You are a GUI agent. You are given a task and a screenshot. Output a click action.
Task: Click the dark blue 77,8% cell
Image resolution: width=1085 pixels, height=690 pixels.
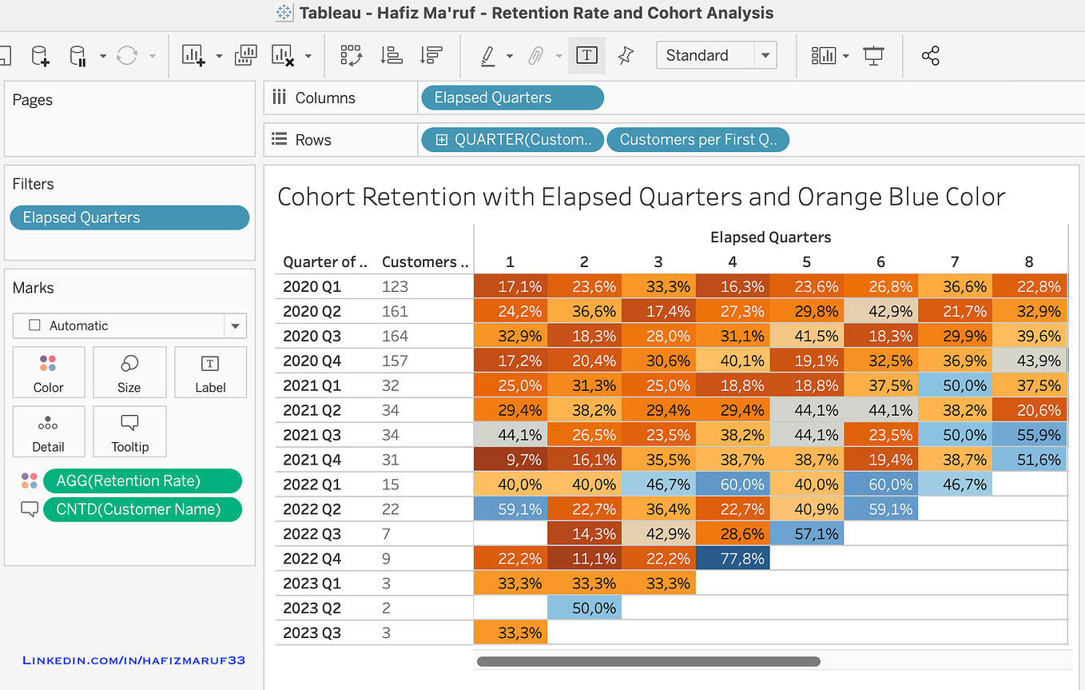[732, 558]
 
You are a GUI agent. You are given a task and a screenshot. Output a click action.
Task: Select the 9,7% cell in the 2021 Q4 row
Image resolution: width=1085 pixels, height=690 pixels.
[510, 459]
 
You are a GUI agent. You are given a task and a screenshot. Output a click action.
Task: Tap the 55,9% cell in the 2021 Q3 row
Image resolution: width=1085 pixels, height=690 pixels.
[1029, 434]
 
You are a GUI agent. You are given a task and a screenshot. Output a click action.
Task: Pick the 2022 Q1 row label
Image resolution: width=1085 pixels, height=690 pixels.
[313, 484]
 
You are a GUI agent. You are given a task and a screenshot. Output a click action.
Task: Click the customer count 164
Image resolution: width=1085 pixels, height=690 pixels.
[395, 336]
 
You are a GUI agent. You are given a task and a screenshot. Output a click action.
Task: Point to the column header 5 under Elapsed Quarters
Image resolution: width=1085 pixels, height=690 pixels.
[806, 261]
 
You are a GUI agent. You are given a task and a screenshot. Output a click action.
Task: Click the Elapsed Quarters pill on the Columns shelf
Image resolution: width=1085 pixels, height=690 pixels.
[511, 98]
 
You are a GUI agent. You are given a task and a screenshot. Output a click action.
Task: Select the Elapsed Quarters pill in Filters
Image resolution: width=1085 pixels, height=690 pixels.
[129, 217]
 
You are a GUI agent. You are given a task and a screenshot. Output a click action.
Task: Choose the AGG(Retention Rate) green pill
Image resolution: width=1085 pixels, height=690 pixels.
[142, 481]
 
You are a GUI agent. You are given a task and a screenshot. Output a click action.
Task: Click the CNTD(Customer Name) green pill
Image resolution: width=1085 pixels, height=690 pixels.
[142, 509]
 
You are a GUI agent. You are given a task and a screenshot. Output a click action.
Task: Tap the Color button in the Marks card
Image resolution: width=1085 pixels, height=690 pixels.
[49, 373]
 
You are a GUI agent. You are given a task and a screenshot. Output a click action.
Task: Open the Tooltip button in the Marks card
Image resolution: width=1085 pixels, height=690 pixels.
[129, 432]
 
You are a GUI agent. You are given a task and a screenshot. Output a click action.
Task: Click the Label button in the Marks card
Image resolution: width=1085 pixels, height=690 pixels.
[210, 373]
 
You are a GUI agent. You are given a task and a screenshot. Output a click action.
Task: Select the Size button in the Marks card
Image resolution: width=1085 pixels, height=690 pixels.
[129, 373]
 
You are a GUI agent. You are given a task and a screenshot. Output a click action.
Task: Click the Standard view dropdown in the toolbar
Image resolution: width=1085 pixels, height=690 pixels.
[716, 55]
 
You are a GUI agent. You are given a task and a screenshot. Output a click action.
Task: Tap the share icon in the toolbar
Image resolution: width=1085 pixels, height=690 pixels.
[930, 55]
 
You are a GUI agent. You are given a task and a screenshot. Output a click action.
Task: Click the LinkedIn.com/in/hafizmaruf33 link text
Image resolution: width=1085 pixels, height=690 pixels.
[133, 660]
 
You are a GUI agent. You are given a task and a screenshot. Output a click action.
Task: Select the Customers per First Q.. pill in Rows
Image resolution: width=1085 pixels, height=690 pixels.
[697, 139]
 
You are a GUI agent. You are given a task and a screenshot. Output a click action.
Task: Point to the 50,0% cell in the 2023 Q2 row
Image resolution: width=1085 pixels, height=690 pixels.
[584, 608]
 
